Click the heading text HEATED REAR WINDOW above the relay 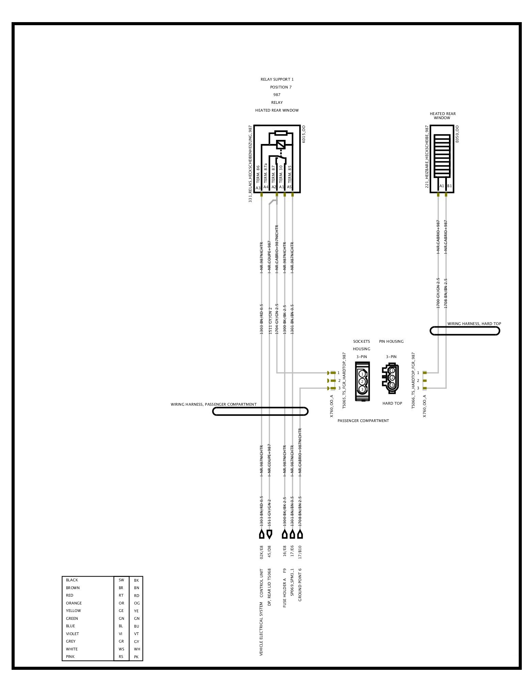tap(277, 110)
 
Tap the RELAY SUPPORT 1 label tap(277, 79)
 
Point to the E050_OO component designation tap(457, 134)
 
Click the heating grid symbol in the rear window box tap(442, 156)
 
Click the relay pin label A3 tap(258, 188)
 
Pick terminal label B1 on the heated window tap(449, 186)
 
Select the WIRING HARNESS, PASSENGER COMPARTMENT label tap(213, 404)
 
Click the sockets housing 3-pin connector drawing tap(362, 381)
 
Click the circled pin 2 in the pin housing tap(392, 378)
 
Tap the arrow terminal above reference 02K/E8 tap(261, 534)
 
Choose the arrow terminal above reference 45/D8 tap(269, 534)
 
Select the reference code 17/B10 tap(300, 553)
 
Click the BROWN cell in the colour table tap(73, 588)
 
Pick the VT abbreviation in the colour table tap(136, 634)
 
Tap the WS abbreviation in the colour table tap(122, 649)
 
